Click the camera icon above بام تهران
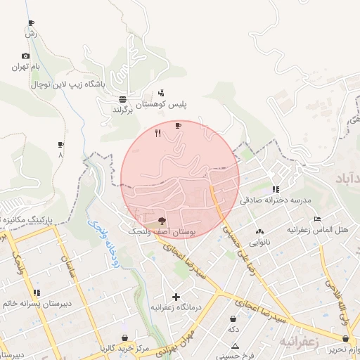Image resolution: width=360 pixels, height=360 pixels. [26, 56]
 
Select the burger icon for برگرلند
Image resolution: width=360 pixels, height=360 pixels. [123, 99]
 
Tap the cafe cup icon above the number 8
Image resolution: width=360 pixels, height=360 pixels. [60, 144]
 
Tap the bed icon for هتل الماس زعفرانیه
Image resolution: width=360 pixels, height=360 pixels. [317, 219]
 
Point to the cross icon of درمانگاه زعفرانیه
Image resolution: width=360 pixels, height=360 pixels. [176, 297]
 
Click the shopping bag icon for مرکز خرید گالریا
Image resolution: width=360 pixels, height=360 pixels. [125, 338]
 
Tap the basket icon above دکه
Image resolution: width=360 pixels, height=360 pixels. [232, 319]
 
